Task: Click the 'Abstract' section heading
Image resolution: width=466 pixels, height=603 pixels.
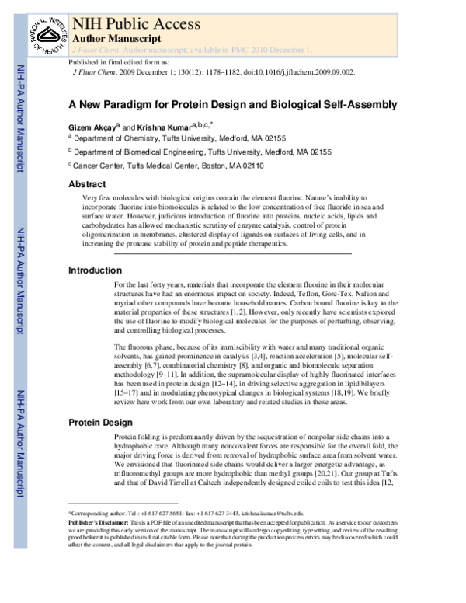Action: point(87,185)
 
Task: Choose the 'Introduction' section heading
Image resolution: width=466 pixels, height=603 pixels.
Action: point(95,270)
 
